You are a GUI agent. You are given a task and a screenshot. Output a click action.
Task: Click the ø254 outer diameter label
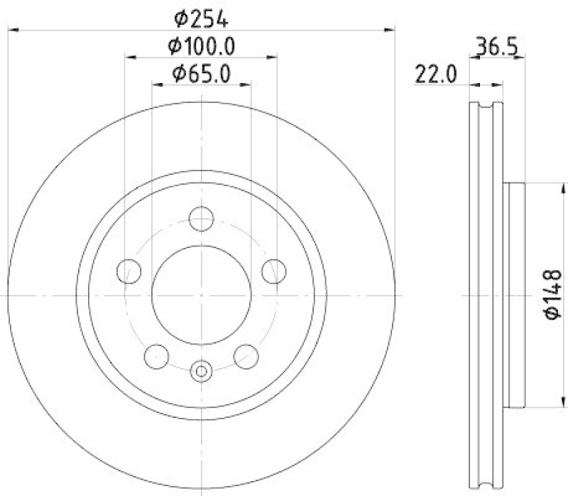click(201, 19)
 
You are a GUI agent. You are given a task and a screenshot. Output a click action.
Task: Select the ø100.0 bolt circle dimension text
click(202, 46)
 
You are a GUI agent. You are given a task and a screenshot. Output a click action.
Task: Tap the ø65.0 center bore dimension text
click(202, 75)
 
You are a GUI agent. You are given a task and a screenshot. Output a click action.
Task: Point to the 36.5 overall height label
click(496, 46)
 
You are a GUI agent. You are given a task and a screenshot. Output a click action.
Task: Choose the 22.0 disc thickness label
click(435, 75)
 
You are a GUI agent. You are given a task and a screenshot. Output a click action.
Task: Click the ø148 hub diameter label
click(553, 294)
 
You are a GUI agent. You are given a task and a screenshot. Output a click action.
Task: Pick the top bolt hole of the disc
click(202, 219)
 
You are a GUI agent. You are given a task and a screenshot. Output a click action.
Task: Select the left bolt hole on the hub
click(129, 271)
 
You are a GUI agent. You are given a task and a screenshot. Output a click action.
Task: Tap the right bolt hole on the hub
click(274, 271)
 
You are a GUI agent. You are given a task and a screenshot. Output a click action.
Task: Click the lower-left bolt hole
click(156, 357)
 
